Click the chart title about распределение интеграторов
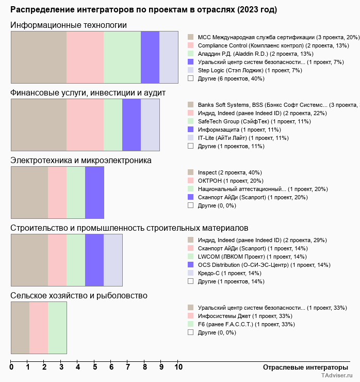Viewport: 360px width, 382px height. click(x=143, y=10)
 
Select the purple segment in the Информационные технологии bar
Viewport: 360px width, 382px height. click(x=150, y=57)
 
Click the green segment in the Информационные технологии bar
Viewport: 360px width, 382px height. click(x=122, y=57)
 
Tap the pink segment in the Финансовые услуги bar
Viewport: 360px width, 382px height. click(x=85, y=124)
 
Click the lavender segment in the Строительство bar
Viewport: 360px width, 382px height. click(x=113, y=260)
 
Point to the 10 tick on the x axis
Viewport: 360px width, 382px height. click(x=178, y=368)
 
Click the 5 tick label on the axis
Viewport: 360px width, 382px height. click(x=94, y=368)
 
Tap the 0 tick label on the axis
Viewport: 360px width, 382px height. click(x=11, y=368)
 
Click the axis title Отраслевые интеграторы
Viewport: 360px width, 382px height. click(x=302, y=367)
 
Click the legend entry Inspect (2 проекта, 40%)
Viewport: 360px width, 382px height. click(x=230, y=172)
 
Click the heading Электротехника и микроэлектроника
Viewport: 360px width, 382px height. click(x=81, y=161)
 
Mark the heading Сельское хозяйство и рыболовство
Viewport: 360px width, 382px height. click(x=79, y=295)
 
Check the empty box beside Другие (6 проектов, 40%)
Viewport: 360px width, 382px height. click(x=190, y=78)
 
